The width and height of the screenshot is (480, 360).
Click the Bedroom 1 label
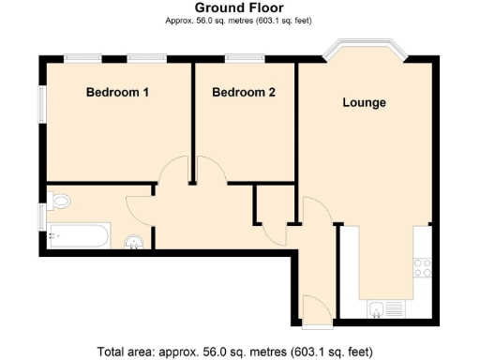point(117,93)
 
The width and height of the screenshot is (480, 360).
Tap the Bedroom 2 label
point(243,93)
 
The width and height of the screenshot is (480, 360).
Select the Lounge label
point(363,102)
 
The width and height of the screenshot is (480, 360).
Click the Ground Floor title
point(239,8)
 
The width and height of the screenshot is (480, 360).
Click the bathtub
point(79,235)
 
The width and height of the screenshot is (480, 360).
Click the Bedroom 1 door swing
point(175,172)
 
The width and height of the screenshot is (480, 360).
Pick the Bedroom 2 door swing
point(210,172)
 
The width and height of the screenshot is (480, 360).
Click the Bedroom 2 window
point(245,59)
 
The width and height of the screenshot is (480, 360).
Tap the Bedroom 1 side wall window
point(41,104)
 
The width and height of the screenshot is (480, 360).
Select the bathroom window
point(41,217)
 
